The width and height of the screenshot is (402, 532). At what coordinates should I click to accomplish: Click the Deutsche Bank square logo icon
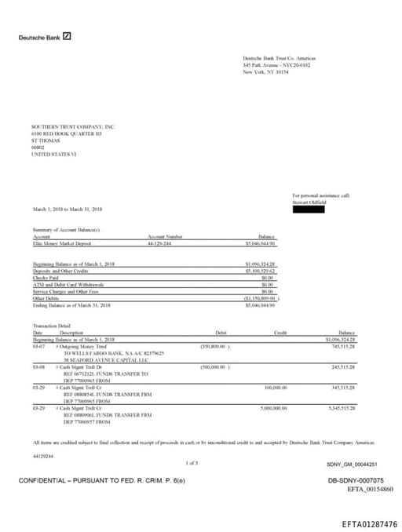[67, 36]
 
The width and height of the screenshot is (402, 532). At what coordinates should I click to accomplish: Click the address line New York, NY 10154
[265, 71]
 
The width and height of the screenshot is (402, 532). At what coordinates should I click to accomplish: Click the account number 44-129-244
[165, 243]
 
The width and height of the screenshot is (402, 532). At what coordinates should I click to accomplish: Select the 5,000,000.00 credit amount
[273, 408]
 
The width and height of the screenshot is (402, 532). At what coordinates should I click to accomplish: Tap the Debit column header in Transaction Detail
[221, 333]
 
